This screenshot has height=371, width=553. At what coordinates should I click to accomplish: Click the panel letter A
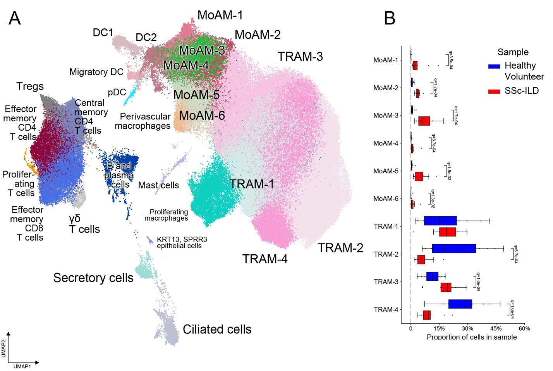click(15, 18)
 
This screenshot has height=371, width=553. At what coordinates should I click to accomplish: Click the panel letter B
click(390, 18)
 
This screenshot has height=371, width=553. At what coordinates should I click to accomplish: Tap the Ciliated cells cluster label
click(217, 329)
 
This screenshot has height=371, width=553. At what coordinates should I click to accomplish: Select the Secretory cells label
click(93, 278)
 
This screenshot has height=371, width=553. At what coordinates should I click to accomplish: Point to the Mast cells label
click(158, 185)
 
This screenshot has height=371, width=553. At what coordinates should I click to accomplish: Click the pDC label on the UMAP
click(117, 92)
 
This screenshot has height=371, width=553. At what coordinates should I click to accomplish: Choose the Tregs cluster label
click(30, 86)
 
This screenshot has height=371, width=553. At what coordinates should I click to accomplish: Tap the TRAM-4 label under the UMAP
click(265, 259)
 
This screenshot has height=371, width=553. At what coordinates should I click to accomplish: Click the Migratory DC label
click(96, 72)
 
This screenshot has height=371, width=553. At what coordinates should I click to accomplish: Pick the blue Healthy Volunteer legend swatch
click(494, 66)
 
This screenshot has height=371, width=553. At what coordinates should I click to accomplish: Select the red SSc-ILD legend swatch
click(494, 91)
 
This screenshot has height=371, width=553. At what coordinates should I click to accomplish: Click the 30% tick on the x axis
click(467, 328)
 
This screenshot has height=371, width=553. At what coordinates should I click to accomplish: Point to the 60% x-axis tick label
click(524, 328)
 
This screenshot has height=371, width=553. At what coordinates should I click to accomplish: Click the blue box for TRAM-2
click(453, 248)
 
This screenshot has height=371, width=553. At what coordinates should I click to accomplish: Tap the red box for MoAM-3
click(424, 121)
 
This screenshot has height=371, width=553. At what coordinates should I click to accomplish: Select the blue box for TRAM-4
click(460, 304)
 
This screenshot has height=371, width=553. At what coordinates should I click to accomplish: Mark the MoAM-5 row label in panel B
click(386, 171)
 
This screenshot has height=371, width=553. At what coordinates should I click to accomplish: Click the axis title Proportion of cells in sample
click(472, 337)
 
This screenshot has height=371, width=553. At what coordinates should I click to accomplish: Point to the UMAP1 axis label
click(22, 366)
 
